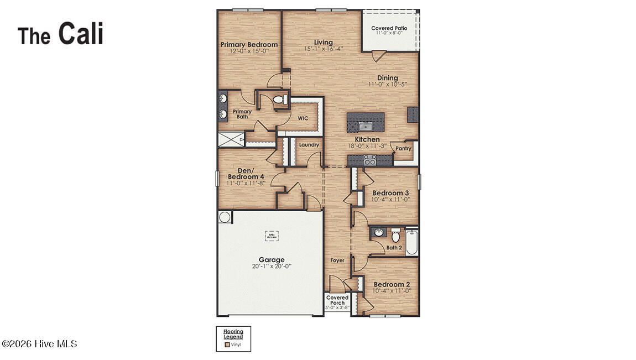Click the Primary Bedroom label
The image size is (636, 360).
pos(249,45)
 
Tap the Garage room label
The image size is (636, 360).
pos(272,259)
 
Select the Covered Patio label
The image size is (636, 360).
pos(389,28)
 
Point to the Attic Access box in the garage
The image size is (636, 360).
pos(272,236)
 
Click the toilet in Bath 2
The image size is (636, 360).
pos(395,235)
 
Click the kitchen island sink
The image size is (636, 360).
pos(366,127)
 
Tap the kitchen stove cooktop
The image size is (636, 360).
pos(369,160)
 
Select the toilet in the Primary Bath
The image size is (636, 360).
pos(280,100)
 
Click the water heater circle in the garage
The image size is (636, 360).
pos(225,217)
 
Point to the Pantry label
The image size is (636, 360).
pos(404,148)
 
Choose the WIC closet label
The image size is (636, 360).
pos(303,118)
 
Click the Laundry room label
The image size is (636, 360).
pos(309,145)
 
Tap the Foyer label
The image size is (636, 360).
pos(337,260)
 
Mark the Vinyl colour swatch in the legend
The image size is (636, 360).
pos(227,344)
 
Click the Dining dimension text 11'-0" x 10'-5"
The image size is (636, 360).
pos(387,85)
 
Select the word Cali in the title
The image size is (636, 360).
pos(81,34)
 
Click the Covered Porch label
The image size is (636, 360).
pos(337,300)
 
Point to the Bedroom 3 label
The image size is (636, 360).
pos(390,193)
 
